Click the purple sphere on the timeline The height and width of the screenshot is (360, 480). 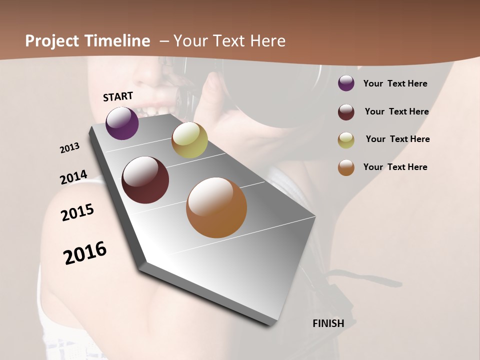(x=122, y=123)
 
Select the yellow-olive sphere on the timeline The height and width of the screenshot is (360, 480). (x=189, y=140)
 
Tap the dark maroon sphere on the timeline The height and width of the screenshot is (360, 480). (x=145, y=180)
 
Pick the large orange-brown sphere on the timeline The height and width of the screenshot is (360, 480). (x=216, y=207)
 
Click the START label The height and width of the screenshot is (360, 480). (x=118, y=96)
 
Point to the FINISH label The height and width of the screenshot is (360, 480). (x=328, y=323)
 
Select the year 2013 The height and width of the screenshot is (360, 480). (x=70, y=148)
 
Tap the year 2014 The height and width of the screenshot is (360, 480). (x=73, y=177)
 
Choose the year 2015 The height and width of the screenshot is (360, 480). (x=77, y=212)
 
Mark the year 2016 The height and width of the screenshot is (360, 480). (x=85, y=253)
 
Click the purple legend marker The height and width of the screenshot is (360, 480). (x=346, y=83)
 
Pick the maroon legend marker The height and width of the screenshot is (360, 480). (x=346, y=112)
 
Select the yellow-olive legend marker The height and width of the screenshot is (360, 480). (x=346, y=140)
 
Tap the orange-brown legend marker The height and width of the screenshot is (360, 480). (x=346, y=167)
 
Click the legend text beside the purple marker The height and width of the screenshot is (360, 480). (x=395, y=83)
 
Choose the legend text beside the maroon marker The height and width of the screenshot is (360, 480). (x=396, y=111)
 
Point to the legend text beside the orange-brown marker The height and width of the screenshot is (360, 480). (x=395, y=167)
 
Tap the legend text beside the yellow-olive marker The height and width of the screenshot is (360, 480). (x=397, y=139)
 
